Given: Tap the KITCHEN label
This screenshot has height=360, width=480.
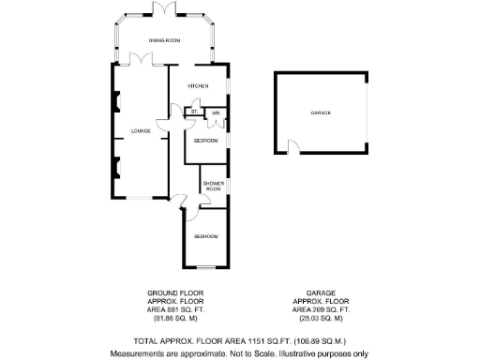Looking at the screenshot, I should (x=198, y=85).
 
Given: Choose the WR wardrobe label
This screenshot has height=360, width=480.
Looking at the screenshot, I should (x=216, y=112).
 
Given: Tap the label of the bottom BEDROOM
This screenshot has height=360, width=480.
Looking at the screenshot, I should (x=206, y=236).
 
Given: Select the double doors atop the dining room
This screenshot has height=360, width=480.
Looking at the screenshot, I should (x=165, y=9).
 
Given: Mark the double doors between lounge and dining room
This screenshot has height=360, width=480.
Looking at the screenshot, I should (x=141, y=60).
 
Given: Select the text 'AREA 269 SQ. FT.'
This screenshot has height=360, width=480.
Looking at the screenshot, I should (x=322, y=309).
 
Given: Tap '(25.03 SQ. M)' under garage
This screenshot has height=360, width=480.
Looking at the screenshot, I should (x=322, y=318).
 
